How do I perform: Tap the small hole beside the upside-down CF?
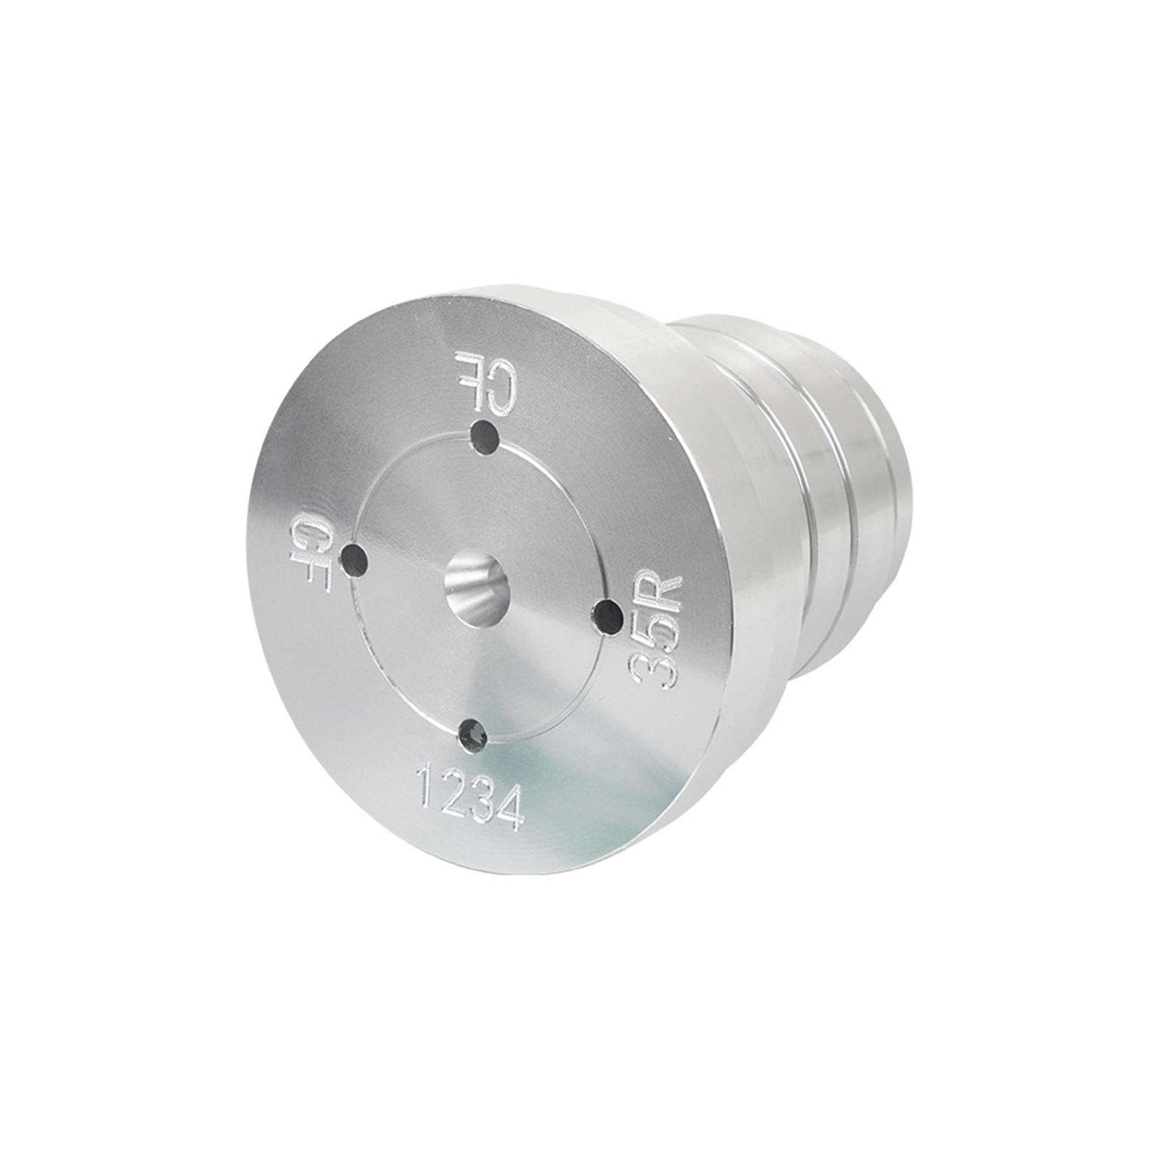(485, 437)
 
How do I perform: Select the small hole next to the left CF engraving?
(356, 559)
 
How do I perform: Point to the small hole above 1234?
(473, 732)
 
